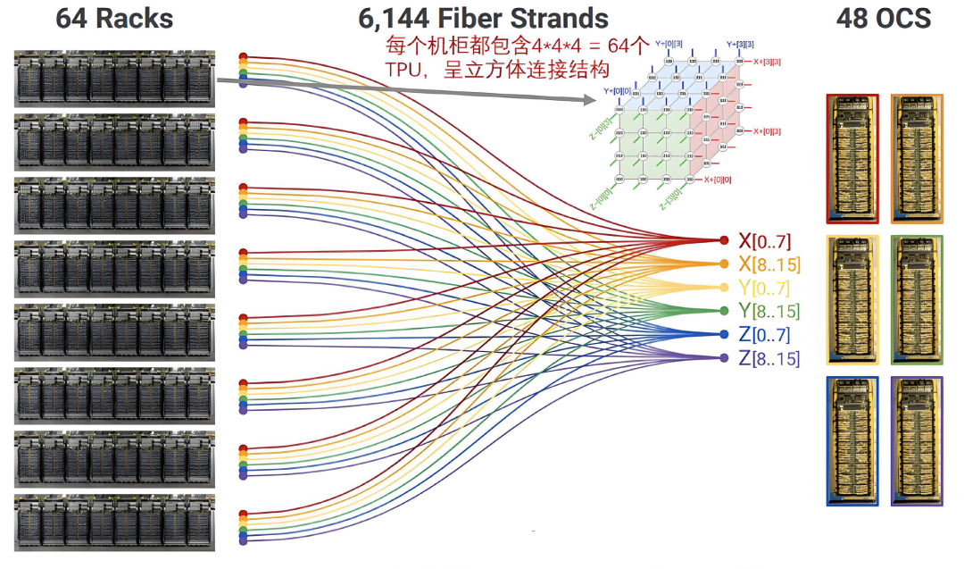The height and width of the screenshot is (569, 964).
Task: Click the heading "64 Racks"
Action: [114, 18]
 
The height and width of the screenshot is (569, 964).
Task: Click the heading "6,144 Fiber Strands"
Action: [483, 18]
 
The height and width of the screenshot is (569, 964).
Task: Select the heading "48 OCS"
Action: [883, 18]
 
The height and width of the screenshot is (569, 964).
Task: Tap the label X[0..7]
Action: [764, 240]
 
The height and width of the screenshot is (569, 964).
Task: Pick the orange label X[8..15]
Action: [769, 264]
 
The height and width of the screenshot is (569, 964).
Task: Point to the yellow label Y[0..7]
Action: [764, 288]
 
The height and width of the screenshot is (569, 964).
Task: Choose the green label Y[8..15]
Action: [769, 311]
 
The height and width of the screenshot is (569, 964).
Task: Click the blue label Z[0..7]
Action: [764, 335]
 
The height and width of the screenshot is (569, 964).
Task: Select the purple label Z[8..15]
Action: [769, 358]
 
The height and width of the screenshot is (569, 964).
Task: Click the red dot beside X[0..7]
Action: [724, 240]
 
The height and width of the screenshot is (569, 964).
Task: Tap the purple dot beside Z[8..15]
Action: [724, 358]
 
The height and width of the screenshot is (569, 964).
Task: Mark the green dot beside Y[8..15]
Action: [724, 311]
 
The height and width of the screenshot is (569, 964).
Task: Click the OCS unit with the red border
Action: [852, 158]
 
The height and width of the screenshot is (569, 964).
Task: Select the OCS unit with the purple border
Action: [917, 441]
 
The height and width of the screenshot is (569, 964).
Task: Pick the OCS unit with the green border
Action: [917, 299]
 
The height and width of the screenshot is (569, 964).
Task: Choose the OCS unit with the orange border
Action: [917, 158]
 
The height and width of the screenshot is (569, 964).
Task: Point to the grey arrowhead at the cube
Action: [590, 103]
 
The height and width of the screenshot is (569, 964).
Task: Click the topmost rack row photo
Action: [114, 78]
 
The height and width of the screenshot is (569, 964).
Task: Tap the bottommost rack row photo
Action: [114, 523]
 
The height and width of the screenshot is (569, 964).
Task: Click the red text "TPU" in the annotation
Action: [403, 69]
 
